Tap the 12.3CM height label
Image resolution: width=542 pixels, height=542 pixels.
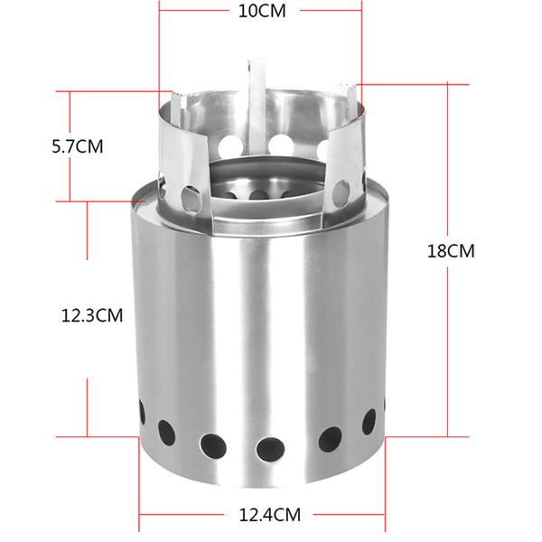(91, 315)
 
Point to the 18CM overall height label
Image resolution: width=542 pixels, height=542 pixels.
(450, 251)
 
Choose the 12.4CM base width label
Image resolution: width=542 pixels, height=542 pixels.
(269, 516)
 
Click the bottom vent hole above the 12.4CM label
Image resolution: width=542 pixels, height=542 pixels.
(269, 447)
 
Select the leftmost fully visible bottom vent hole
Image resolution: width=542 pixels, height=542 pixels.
(166, 433)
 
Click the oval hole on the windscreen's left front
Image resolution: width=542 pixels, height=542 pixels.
(191, 195)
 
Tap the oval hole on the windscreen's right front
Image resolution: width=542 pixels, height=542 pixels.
(342, 190)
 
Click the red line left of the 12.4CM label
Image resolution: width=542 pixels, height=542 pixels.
(186, 517)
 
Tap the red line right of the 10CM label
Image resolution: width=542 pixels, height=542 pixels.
(330, 12)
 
